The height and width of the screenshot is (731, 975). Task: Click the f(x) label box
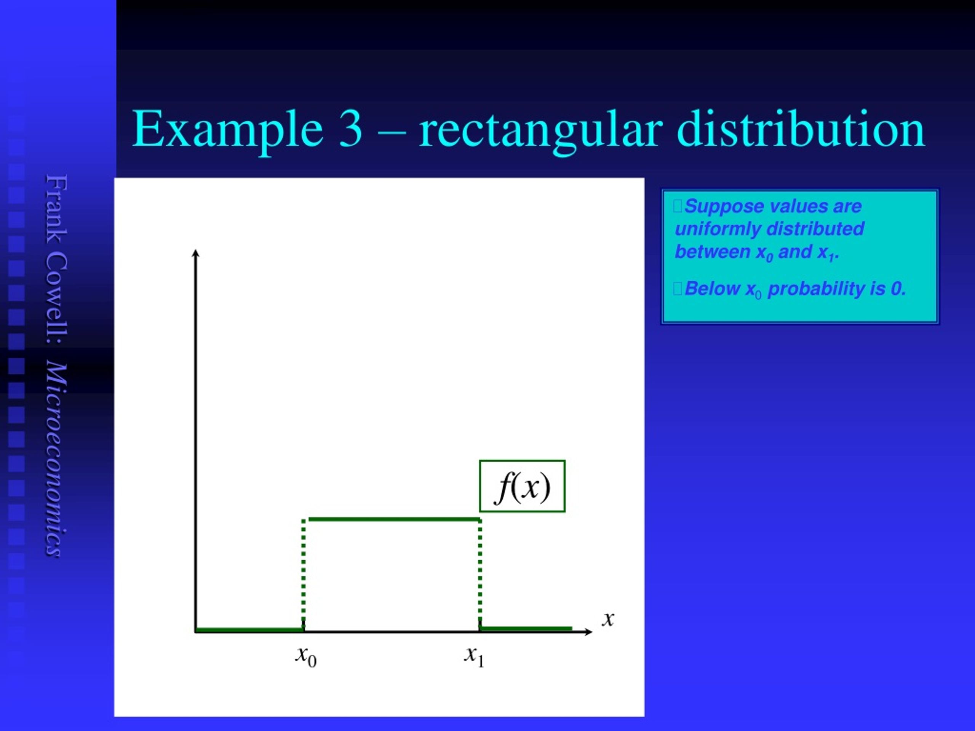[522, 487]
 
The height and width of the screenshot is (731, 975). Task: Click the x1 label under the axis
[474, 656]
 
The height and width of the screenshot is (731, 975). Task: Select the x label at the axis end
[608, 619]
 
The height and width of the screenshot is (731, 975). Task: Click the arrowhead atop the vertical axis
[196, 253]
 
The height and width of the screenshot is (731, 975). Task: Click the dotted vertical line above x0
[303, 573]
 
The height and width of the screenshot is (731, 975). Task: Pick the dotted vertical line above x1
[480, 573]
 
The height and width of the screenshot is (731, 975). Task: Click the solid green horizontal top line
[393, 519]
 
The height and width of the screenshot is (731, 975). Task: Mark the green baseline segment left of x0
[249, 630]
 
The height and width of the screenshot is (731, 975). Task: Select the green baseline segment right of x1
[526, 628]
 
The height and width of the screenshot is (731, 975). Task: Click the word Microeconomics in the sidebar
[57, 459]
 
